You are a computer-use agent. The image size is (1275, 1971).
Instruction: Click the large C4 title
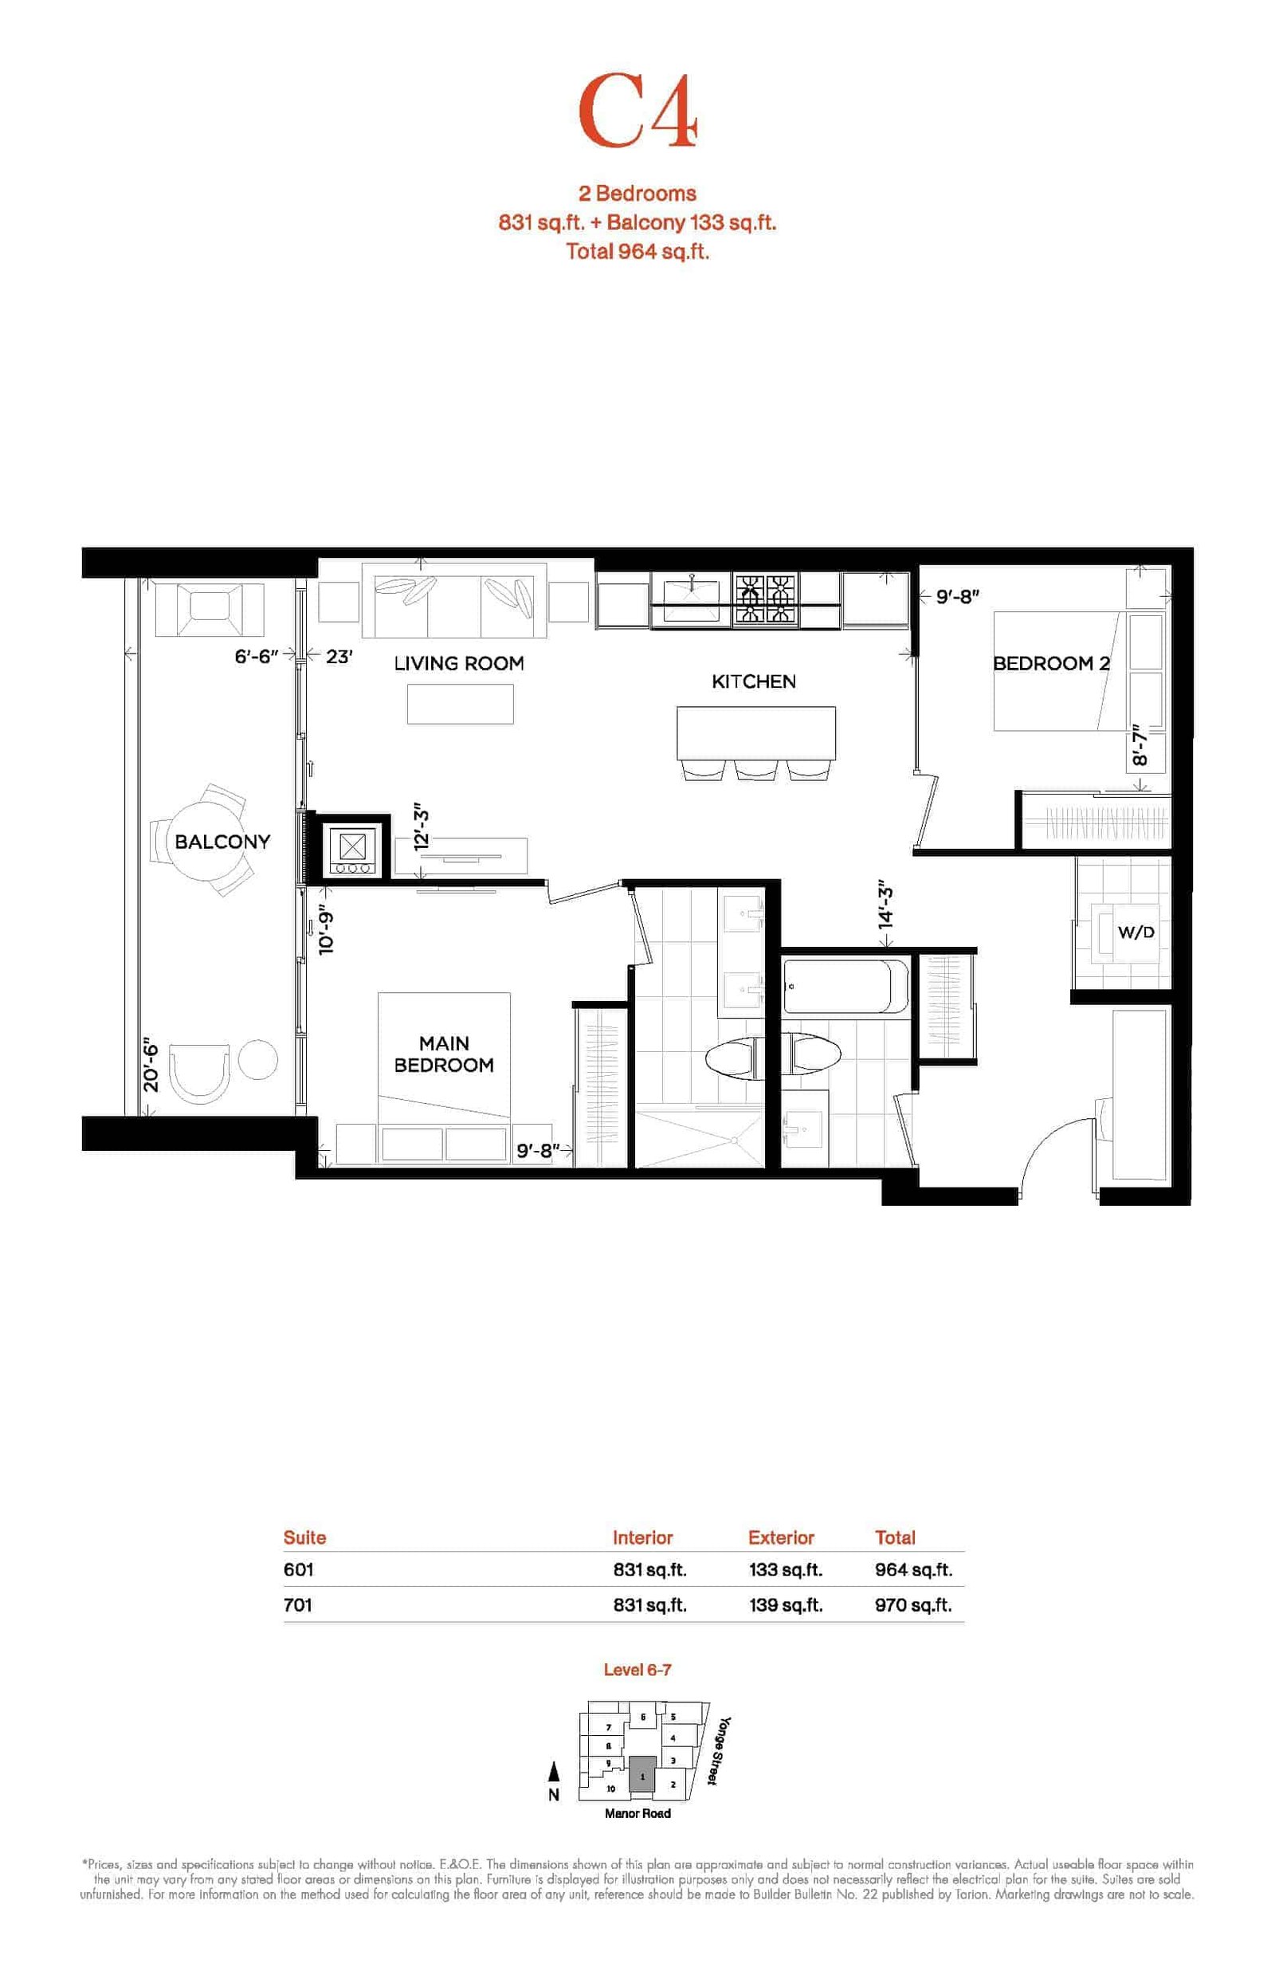click(x=637, y=112)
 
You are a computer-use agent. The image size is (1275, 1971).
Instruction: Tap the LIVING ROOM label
click(x=459, y=663)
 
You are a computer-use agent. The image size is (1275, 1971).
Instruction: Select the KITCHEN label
click(x=753, y=681)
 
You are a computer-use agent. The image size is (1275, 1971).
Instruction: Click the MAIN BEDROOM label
click(x=444, y=1054)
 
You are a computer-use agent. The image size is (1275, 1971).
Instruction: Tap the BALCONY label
click(x=222, y=841)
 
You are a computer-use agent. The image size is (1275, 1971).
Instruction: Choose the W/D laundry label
click(x=1136, y=932)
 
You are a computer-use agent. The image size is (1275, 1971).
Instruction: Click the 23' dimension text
click(x=339, y=657)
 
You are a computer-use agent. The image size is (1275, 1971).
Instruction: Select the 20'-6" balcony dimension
click(x=150, y=1065)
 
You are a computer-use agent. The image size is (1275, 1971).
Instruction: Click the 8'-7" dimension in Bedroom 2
click(x=1140, y=745)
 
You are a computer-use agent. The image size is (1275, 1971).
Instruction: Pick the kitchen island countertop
click(x=756, y=732)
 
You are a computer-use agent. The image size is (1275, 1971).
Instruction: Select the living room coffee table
click(x=461, y=705)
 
